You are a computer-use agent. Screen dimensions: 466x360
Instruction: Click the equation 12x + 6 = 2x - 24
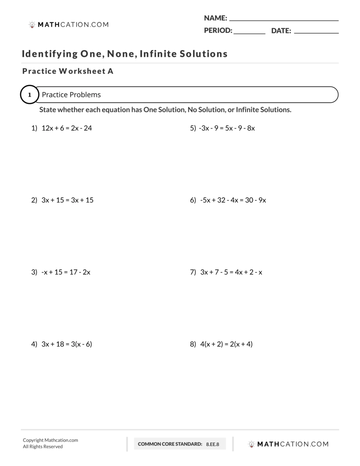point(66,128)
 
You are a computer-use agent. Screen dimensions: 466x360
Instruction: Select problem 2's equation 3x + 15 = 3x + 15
point(67,200)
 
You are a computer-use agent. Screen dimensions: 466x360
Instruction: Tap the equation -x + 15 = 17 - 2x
point(66,272)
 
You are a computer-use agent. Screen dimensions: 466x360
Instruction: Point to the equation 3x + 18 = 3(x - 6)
point(66,344)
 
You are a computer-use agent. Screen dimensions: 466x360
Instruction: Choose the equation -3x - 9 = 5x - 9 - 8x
point(227,128)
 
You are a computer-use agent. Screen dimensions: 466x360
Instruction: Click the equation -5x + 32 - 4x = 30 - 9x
point(233,200)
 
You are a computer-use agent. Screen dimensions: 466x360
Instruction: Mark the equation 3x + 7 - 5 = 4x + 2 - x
point(231,272)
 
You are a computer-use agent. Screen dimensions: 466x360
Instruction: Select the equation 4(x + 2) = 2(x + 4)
point(226,344)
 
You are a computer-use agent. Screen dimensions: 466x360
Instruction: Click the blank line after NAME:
point(284,19)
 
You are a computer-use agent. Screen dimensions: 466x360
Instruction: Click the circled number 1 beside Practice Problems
point(30,95)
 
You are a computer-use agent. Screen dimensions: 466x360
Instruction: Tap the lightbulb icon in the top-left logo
point(32,24)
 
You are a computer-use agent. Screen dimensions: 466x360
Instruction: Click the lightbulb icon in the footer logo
point(252,444)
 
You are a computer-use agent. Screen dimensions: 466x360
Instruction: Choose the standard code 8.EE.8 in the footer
point(212,444)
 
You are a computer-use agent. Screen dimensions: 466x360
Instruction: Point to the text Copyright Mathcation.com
point(50,440)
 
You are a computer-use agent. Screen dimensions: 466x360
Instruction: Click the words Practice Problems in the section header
point(71,95)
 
